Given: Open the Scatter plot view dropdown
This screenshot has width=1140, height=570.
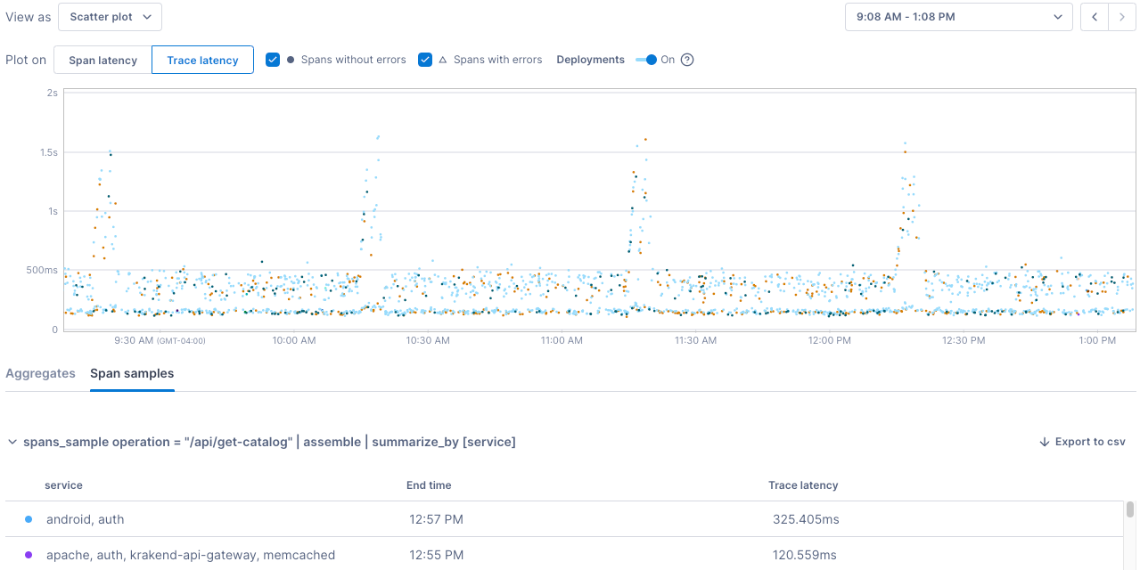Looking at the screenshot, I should click(111, 17).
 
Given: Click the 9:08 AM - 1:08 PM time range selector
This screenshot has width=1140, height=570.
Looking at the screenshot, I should click(958, 17).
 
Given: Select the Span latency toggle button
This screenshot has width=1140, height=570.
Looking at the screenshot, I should click(103, 60).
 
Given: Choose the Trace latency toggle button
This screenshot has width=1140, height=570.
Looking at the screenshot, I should click(202, 60).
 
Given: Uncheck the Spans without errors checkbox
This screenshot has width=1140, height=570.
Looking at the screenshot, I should click(273, 60).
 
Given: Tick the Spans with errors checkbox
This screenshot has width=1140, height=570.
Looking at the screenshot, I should click(425, 60).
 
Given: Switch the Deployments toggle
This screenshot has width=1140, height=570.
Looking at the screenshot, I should click(646, 60).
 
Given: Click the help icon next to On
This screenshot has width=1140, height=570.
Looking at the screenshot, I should click(687, 60).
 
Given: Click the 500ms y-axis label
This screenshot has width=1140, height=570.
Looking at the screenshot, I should click(42, 270).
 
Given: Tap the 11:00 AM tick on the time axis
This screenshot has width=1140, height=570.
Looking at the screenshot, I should click(562, 340).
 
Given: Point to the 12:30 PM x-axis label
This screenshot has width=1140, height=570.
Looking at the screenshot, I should click(964, 340).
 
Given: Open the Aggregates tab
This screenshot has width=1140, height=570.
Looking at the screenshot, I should click(40, 373).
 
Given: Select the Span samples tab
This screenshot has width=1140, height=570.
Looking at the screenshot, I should click(132, 373).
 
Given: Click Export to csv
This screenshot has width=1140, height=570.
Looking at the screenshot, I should click(1082, 442).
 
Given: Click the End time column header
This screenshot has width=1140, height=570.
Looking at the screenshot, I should click(429, 485).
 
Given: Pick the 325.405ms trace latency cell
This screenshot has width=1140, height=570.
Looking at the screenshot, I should click(806, 519).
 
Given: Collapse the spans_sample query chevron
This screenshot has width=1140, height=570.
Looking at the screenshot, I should click(12, 442).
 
